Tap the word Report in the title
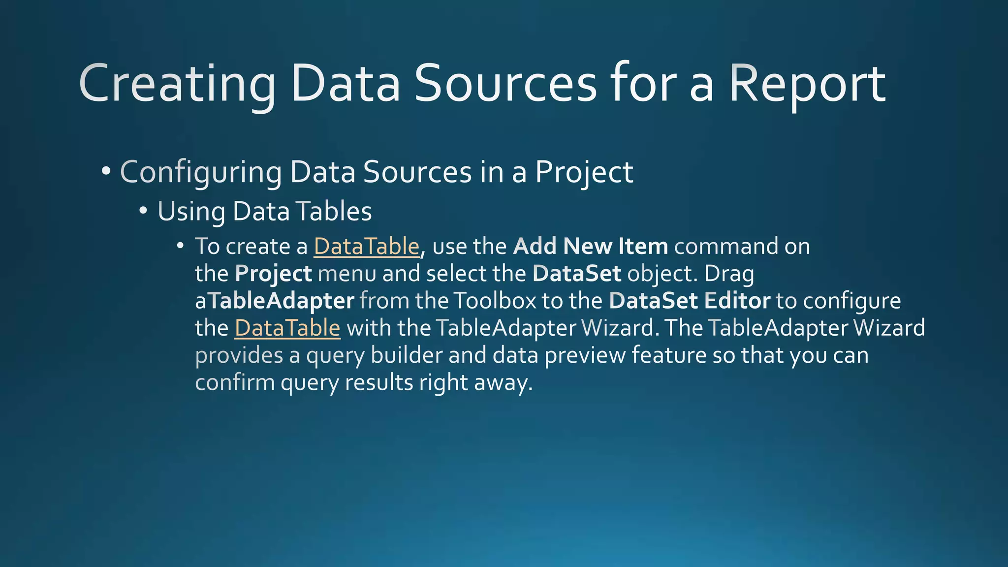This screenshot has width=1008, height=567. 807,85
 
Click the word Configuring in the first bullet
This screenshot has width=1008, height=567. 201,173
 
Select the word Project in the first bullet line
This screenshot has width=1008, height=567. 584,173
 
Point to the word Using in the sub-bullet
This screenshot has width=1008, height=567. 191,212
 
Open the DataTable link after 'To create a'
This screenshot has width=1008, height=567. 367,247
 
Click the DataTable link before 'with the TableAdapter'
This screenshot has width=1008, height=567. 287,328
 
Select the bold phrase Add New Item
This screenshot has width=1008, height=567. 590,246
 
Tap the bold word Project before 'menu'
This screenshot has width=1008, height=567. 273,274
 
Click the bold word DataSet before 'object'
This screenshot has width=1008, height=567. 577,274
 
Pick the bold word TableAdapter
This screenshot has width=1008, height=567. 282,301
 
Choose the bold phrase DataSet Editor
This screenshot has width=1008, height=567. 689,301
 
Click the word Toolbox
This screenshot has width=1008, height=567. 494,301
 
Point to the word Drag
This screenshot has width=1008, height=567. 729,274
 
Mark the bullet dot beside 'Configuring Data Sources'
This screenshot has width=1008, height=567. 106,172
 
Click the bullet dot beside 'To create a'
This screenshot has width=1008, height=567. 181,245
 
